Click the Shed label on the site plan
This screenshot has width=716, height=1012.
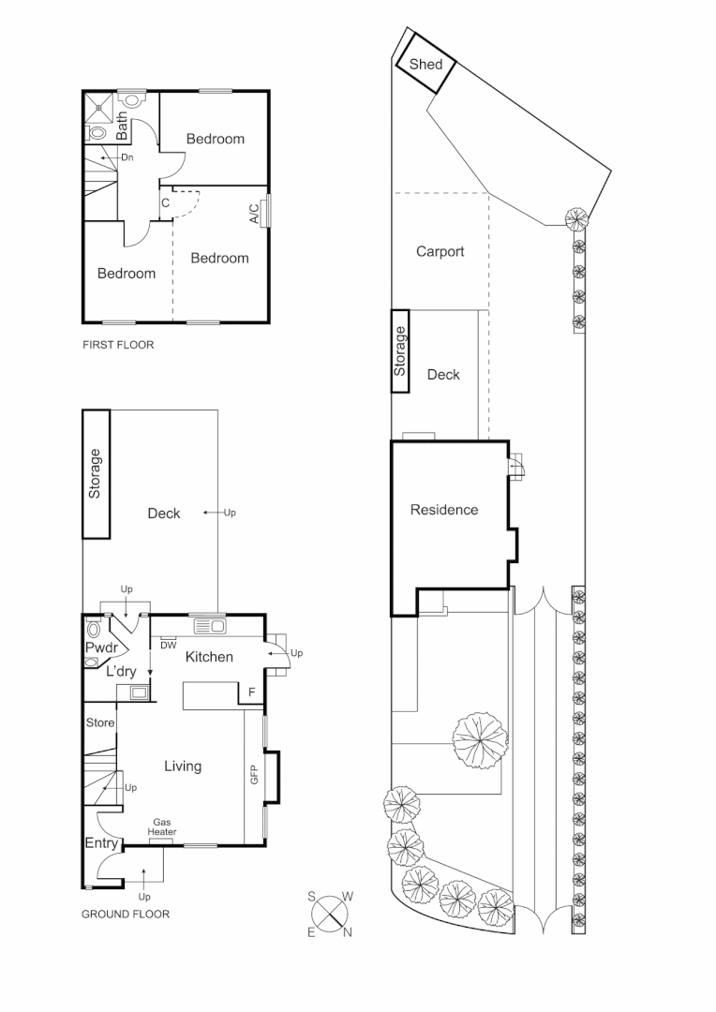[x=425, y=65]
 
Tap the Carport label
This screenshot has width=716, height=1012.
[x=440, y=251]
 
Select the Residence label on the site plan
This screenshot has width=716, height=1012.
[x=444, y=510]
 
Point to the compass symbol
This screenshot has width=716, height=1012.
[x=330, y=912]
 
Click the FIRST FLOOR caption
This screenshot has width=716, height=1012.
[x=118, y=345]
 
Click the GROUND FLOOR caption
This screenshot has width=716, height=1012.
[x=126, y=914]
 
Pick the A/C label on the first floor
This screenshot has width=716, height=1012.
[x=255, y=214]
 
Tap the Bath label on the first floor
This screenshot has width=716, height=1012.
[x=122, y=126]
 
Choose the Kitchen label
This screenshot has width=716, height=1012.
[x=209, y=657]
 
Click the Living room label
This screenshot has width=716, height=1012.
[x=183, y=766]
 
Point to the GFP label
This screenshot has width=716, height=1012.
[x=254, y=774]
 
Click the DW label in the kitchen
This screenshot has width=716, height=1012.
[x=169, y=645]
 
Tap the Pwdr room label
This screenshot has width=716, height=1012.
[x=99, y=647]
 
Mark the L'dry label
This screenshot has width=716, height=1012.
[x=122, y=672]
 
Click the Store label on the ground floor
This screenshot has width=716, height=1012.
[x=100, y=722]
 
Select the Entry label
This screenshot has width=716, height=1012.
[x=101, y=844]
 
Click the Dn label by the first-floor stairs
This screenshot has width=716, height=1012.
[x=127, y=157]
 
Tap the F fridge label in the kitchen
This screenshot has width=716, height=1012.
[x=250, y=693]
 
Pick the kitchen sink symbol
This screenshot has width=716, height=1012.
[x=210, y=625]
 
